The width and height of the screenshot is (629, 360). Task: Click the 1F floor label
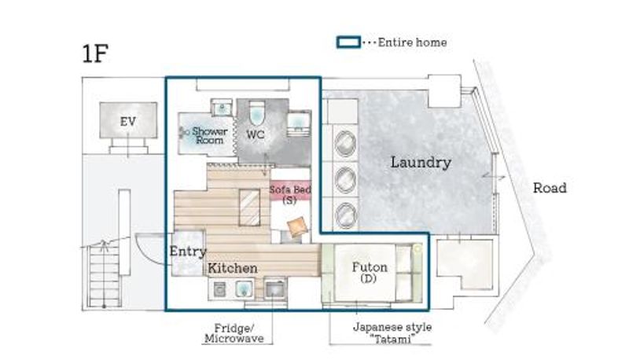click(95, 53)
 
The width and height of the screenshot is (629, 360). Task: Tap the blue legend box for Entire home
click(348, 42)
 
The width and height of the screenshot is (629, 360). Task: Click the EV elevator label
click(128, 121)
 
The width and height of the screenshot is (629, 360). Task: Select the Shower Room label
click(209, 135)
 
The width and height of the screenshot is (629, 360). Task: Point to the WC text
click(256, 134)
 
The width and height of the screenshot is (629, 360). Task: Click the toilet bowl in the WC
click(257, 112)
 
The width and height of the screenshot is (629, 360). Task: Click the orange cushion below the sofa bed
click(297, 226)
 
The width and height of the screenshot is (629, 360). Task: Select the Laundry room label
click(421, 163)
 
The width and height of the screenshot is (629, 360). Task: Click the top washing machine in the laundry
click(345, 143)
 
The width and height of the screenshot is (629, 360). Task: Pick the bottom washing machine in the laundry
click(345, 215)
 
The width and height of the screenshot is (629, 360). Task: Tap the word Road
click(550, 188)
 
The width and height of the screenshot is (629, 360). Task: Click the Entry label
click(188, 252)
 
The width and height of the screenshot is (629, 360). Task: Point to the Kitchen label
click(233, 268)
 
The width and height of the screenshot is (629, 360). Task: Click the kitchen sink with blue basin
click(244, 289)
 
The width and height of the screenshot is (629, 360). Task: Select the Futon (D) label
click(370, 272)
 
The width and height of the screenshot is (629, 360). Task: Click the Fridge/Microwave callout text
click(234, 333)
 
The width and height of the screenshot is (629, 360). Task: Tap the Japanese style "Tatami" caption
click(392, 332)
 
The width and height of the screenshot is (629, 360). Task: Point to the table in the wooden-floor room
click(249, 208)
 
